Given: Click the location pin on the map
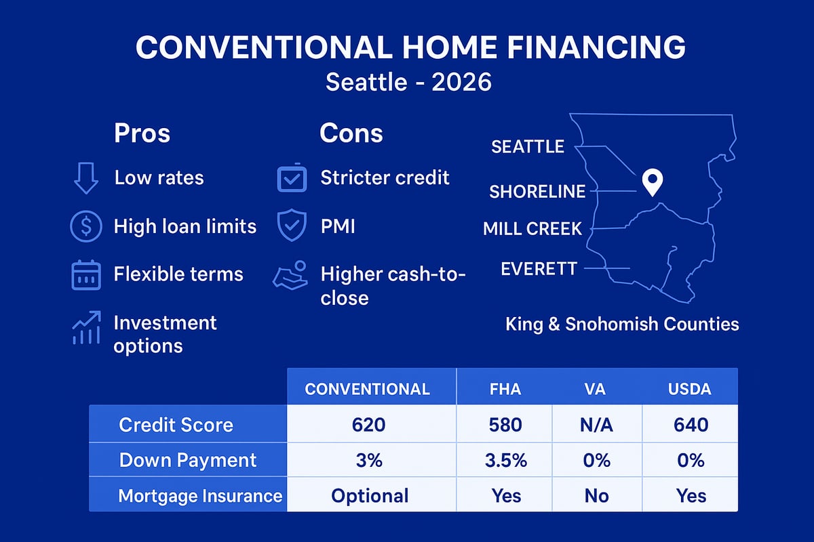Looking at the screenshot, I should pos(653,182).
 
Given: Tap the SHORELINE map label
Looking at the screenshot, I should pos(537,192).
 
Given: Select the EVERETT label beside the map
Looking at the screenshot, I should pos(539,269).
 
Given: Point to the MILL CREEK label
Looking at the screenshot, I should pos(532,229).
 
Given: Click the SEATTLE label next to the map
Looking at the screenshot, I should pos(528,146).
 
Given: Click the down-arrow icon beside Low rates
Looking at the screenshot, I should pos(85,178).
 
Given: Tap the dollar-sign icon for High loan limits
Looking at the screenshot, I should pos(85,226).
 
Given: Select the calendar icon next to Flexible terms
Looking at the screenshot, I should pos(85,274).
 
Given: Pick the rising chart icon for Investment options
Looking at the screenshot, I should pos(85,328).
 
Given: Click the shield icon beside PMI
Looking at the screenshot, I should pos(292,226).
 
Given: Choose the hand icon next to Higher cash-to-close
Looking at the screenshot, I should pos(290,276).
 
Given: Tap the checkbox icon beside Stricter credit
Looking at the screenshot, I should pos(292,178).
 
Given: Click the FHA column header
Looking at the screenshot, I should pos(505,389).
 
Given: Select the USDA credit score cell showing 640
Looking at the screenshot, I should pos(691,425).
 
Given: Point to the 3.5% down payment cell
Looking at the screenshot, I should pos(505,460).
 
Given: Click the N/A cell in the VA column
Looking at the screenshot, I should pos(596,425).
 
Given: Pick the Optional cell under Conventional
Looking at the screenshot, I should pos(370,495).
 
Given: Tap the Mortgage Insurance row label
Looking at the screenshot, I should pos(200,495).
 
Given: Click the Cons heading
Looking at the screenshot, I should pos(351,133).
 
